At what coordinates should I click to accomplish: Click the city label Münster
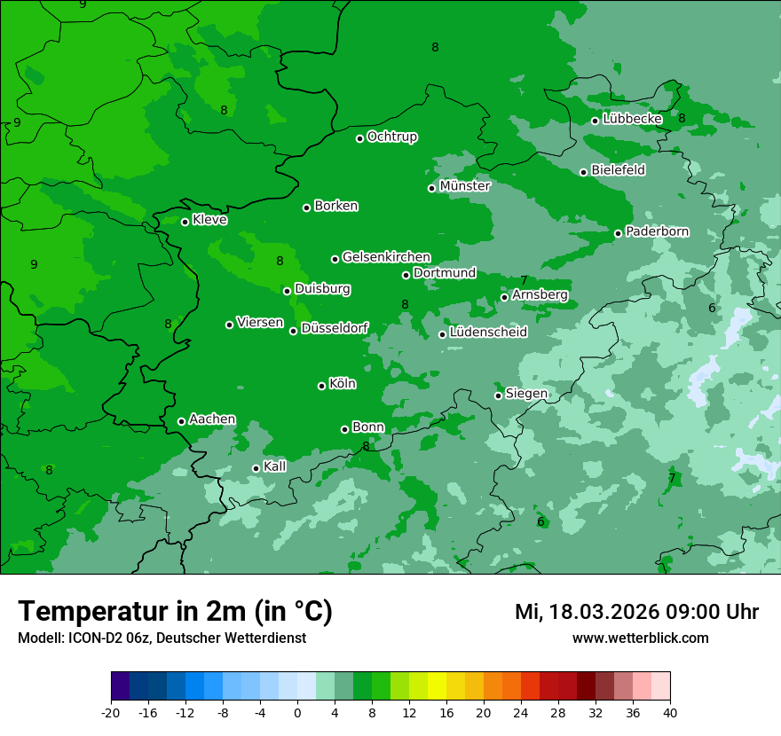pos(465,186)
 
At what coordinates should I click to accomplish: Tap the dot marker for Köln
pos(321,386)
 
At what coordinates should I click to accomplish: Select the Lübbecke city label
pos(632,119)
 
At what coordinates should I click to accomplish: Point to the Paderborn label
pos(657,231)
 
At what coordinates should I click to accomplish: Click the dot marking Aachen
pos(181,421)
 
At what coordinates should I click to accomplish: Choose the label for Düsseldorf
pos(335,329)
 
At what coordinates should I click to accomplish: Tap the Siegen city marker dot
pos(498,395)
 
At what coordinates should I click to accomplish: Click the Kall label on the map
pos(275,466)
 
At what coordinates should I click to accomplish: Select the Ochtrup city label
pos(391,137)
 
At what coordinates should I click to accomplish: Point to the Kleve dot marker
pos(185,222)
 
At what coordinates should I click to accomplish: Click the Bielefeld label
pos(618,170)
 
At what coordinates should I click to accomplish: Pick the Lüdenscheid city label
pos(488,333)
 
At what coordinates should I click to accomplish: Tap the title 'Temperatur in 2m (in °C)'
pos(175,611)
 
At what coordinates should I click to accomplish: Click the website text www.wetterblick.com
pos(640,638)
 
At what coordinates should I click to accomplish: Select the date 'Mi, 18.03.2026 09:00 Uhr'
pos(636,612)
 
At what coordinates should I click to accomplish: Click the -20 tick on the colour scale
pos(111,712)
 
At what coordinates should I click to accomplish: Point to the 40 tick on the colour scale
pos(670,712)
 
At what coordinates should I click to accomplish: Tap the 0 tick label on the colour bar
pos(297,712)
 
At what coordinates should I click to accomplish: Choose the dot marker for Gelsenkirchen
pos(335,259)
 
